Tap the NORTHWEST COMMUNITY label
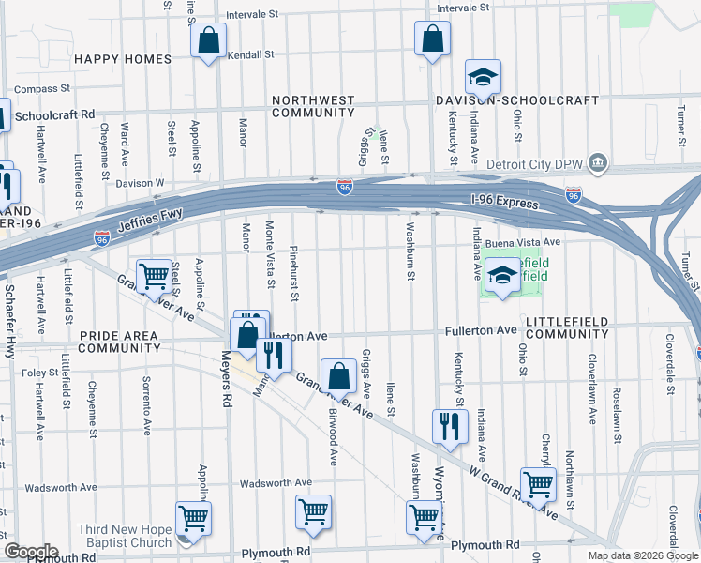[313, 106]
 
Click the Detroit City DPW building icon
[597, 165]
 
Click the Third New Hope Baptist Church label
[125, 536]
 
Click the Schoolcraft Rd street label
[55, 114]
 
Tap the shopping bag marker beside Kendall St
[208, 41]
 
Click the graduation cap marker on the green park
[503, 277]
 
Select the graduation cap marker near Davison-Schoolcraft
[484, 77]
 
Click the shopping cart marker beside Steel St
[154, 277]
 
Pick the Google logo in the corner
[30, 551]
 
